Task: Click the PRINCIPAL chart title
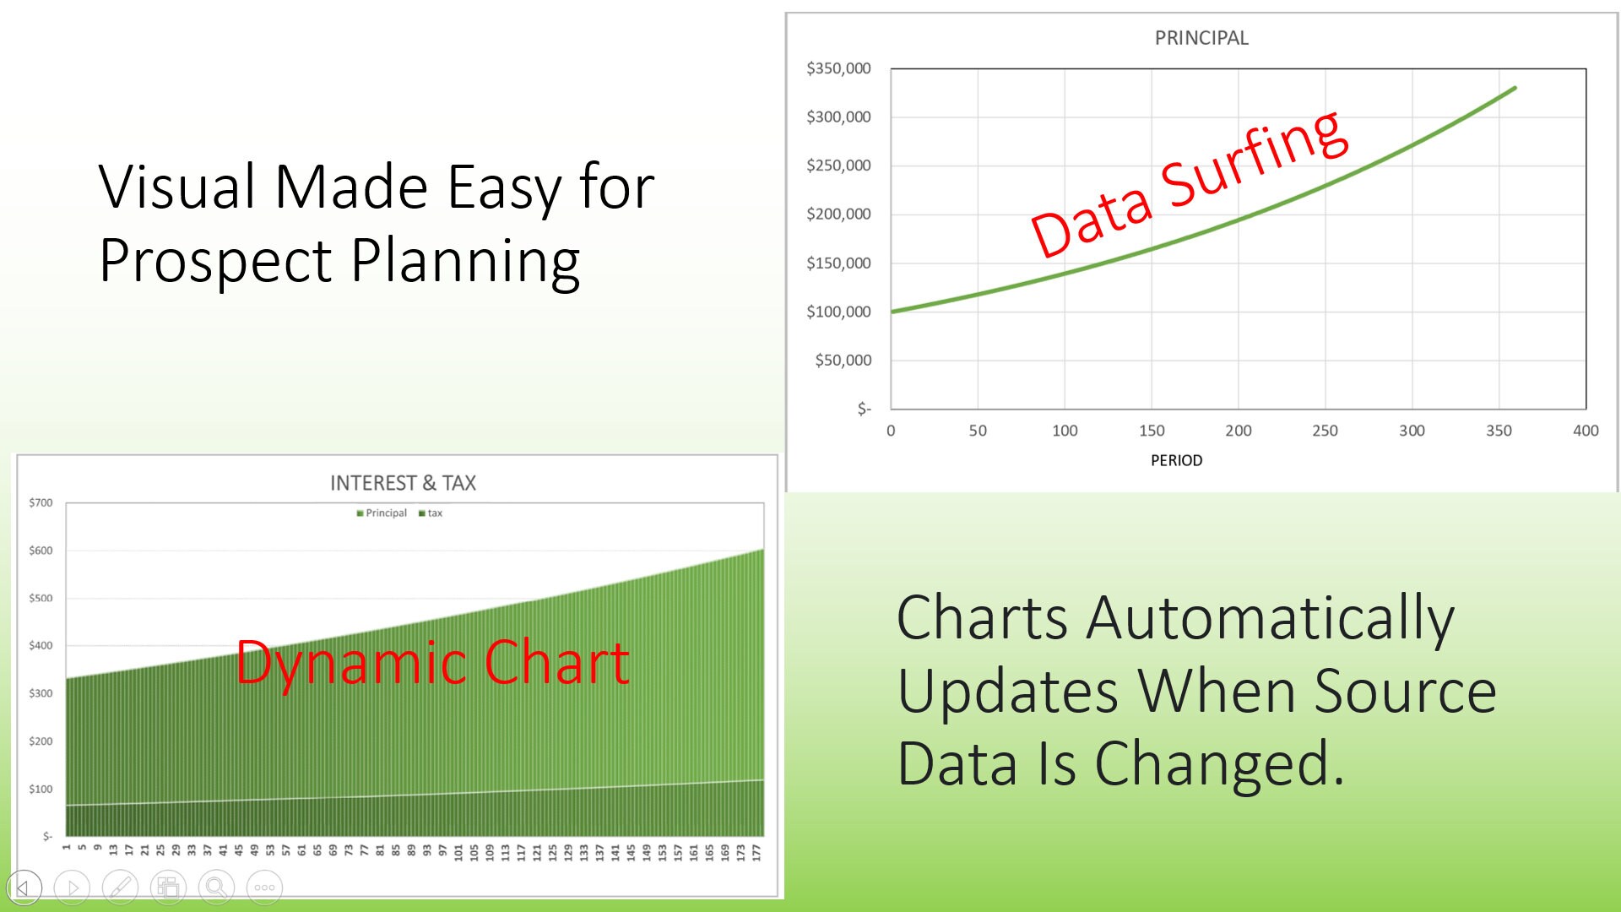coord(1201,38)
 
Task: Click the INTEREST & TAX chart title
coord(403,483)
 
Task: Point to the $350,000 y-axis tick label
coord(838,68)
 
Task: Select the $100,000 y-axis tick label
coord(838,312)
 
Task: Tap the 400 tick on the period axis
coord(1586,431)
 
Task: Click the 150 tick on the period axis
coord(1152,431)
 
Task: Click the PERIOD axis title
coord(1176,460)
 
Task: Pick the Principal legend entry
coord(382,513)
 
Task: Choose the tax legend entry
coord(431,513)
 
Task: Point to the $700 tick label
coord(41,502)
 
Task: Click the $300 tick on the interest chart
coord(41,693)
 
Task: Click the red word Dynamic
coord(348,665)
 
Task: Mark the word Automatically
coord(1271,620)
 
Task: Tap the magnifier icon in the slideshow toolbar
coord(217,888)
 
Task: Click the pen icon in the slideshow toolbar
coord(120,888)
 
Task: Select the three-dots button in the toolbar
coord(264,888)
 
